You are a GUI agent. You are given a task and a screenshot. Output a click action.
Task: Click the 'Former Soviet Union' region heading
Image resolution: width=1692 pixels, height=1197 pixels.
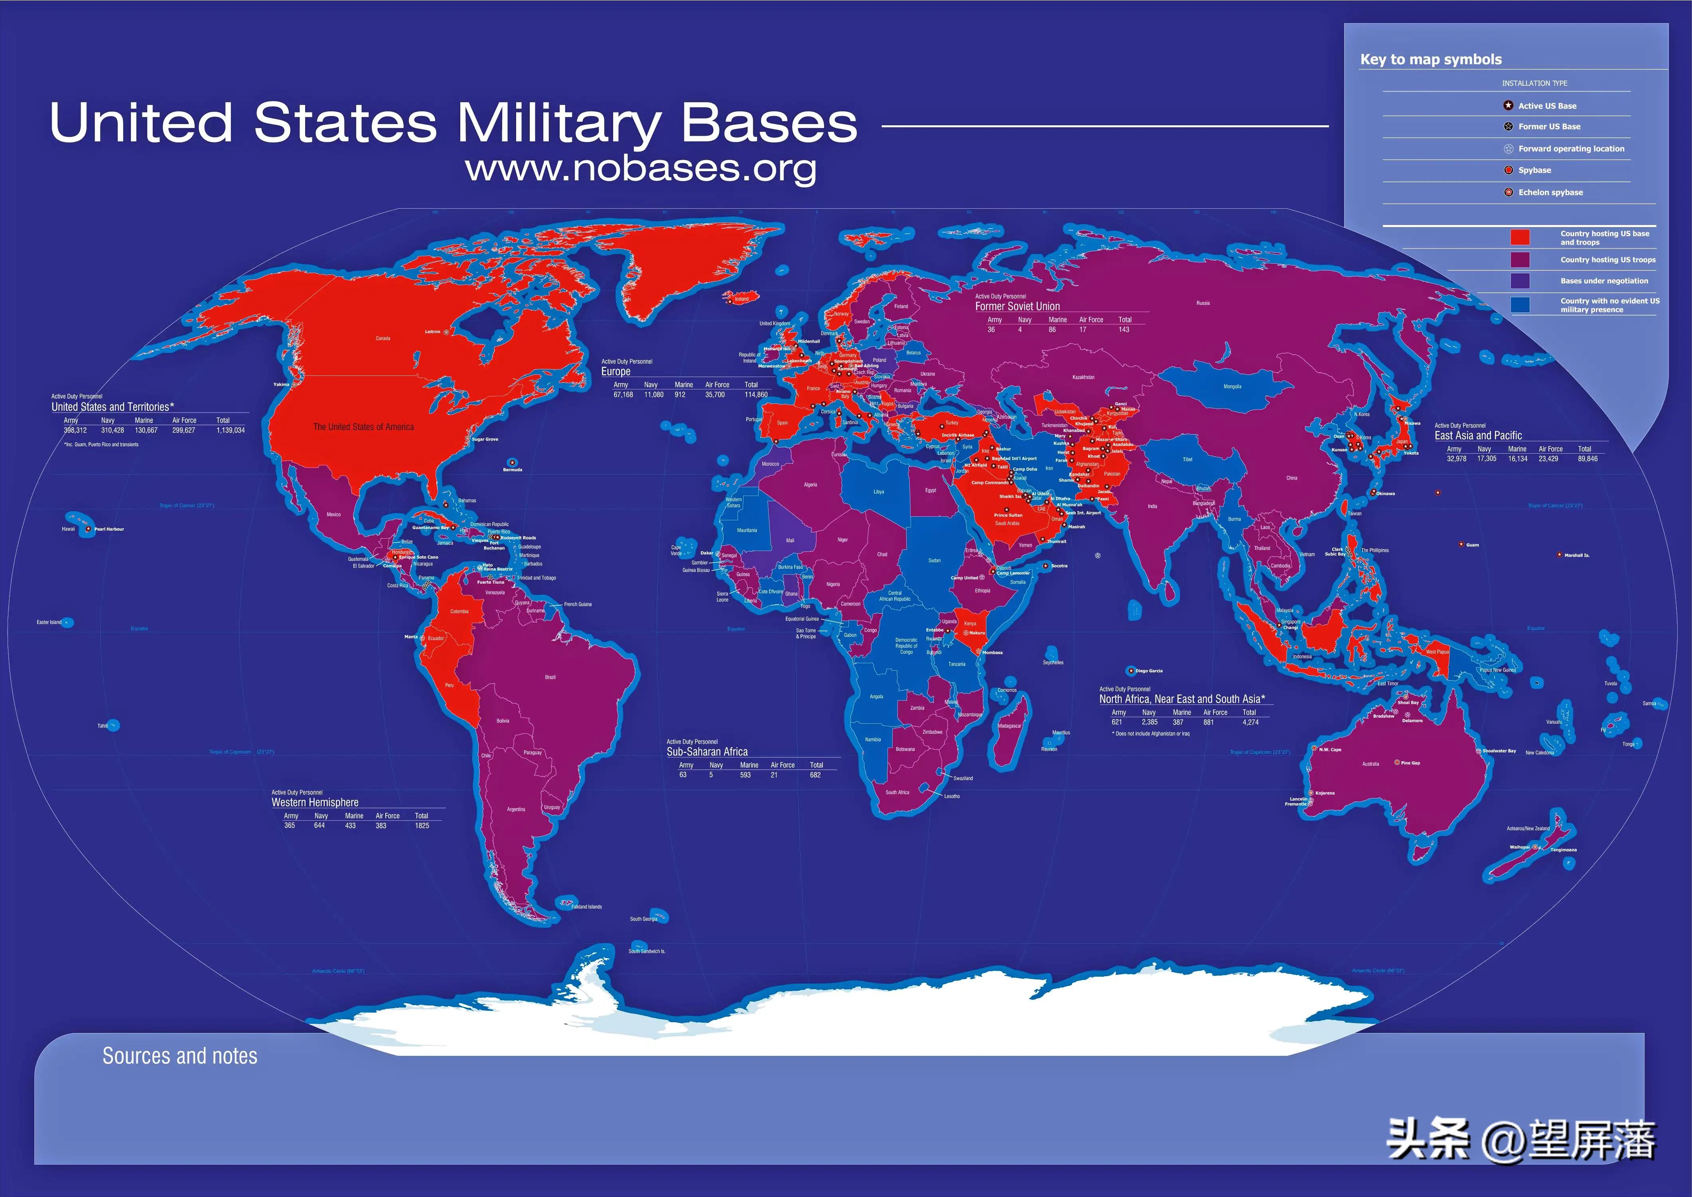[x=1017, y=306]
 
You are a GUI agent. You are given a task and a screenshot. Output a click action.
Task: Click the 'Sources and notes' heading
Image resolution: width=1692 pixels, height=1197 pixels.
[x=180, y=1056]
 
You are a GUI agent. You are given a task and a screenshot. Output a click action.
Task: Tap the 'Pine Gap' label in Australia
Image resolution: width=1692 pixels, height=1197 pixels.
[x=1410, y=763]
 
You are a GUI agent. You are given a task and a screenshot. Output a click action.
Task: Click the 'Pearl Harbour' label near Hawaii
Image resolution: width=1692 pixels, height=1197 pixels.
[x=108, y=529]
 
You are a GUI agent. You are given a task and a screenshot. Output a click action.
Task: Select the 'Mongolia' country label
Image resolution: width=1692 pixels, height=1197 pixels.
[x=1232, y=386]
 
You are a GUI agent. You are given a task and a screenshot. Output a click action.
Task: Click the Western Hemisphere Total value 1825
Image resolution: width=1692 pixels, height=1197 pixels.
[x=422, y=826]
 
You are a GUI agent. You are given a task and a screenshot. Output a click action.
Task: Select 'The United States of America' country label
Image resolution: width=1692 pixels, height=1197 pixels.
[x=363, y=427]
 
